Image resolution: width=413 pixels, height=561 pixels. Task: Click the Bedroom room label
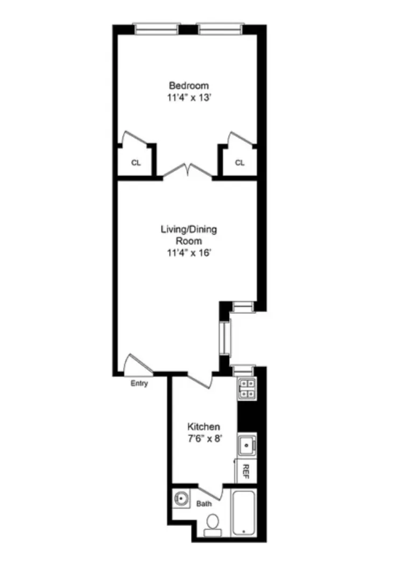189,86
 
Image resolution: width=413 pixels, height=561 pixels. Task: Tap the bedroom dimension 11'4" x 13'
189,98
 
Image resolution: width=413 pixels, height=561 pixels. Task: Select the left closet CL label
136,163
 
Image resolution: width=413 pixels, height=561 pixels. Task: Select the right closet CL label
239,163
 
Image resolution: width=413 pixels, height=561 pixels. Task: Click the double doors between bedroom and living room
187,171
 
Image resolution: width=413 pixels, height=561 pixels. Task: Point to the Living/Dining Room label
189,235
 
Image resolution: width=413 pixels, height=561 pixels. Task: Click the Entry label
139,383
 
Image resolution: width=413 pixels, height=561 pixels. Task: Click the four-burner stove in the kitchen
247,388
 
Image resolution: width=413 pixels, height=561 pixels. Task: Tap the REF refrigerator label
246,471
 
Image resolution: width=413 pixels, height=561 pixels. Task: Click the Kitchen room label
203,426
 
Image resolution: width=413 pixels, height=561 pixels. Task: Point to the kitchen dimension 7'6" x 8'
203,438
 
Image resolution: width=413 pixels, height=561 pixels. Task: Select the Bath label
204,504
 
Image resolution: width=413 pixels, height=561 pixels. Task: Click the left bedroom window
156,29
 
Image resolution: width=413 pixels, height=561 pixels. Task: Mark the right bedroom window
220,29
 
